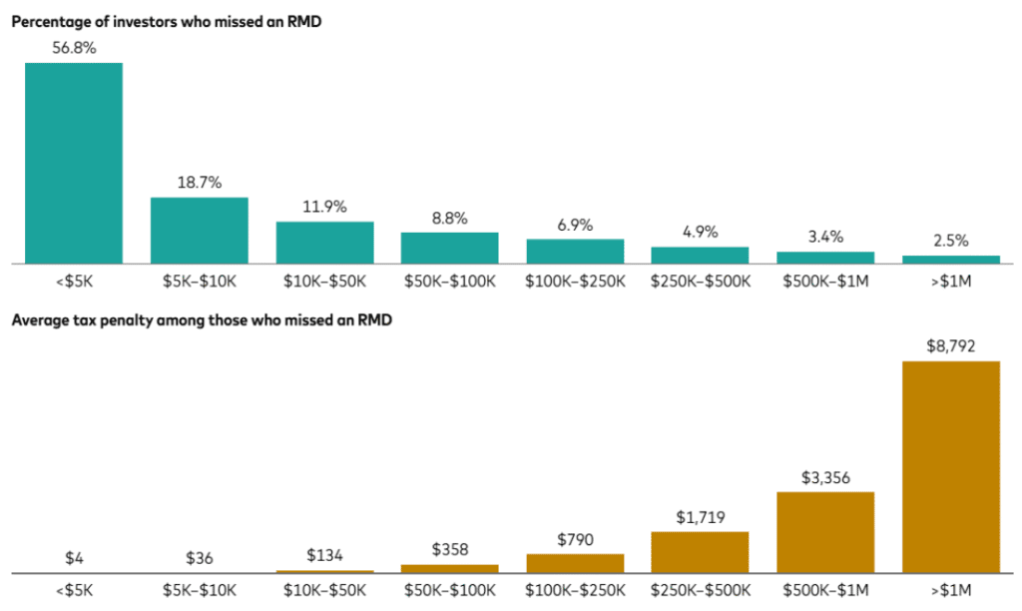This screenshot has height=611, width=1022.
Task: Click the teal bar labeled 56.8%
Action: (74, 163)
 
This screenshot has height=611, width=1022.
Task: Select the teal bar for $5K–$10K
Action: (200, 230)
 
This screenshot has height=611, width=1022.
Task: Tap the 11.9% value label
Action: (324, 207)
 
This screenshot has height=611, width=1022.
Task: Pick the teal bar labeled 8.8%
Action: (450, 248)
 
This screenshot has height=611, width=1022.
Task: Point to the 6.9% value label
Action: (575, 225)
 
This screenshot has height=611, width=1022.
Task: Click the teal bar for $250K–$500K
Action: (700, 255)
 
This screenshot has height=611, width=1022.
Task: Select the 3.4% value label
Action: (825, 237)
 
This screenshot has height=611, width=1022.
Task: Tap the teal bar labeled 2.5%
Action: (951, 260)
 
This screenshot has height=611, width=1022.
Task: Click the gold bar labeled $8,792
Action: (951, 466)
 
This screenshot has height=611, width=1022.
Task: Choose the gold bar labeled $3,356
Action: (825, 532)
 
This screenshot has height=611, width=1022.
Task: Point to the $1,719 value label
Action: (700, 517)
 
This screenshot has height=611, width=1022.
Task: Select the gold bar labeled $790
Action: (575, 563)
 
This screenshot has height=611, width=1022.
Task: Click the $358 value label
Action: (450, 550)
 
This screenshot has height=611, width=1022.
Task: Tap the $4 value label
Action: (74, 558)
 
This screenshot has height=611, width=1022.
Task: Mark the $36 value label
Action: (200, 558)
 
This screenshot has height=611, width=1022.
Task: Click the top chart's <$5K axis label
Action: (74, 282)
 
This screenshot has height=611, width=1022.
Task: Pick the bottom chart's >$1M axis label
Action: (951, 591)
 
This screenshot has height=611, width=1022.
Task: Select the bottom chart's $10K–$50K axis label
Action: (324, 591)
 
